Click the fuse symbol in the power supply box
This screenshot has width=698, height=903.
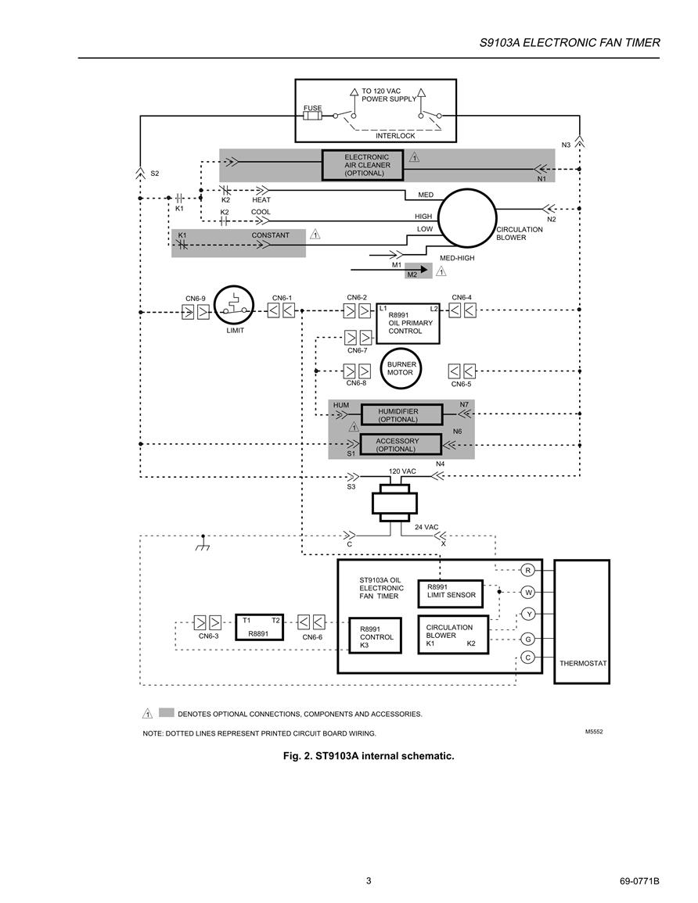(312, 116)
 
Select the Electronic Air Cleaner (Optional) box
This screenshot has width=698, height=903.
(362, 165)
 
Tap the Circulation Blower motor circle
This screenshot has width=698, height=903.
(467, 217)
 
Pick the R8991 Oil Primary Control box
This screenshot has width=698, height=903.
(408, 323)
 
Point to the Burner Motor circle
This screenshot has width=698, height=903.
(401, 368)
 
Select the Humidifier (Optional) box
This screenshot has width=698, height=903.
(401, 414)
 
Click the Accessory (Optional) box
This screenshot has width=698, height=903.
(401, 445)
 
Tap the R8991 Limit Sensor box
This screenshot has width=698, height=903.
(450, 593)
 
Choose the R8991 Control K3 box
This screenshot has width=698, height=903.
(376, 636)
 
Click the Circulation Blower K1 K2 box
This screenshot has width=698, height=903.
(453, 635)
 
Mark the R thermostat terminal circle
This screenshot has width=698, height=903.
(528, 570)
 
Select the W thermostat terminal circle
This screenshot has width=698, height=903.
(528, 592)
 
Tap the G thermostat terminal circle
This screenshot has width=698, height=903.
(528, 639)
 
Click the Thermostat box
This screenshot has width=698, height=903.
(581, 622)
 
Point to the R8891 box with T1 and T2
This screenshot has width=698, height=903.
(259, 626)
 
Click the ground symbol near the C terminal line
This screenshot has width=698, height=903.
(203, 543)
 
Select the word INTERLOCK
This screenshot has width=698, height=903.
(395, 136)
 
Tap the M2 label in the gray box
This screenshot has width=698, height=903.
(412, 274)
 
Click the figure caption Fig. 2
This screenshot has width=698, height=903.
(369, 755)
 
